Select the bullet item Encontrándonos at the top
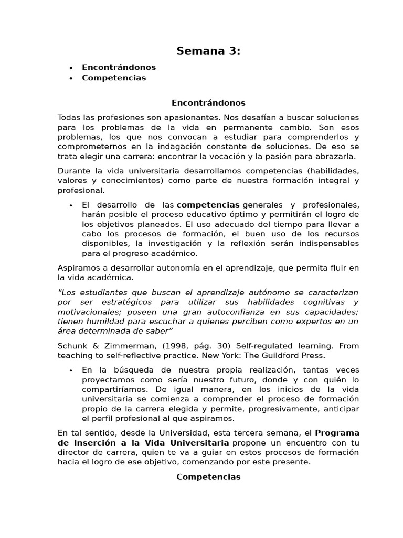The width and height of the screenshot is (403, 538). [119, 67]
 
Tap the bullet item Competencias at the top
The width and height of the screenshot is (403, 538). [114, 78]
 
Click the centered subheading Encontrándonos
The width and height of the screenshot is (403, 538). [208, 103]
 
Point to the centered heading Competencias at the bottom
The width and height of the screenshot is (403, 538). [208, 477]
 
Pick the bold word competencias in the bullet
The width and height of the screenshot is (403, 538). [208, 204]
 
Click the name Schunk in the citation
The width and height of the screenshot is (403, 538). [71, 346]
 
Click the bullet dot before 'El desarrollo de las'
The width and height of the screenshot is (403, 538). [70, 205]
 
